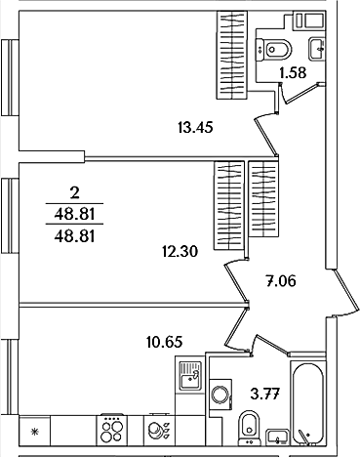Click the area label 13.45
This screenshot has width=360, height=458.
195,127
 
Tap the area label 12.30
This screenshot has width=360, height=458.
180,252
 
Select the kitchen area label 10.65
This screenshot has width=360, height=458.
164,342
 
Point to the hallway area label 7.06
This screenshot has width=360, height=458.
281,281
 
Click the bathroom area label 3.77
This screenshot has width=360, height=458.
265,395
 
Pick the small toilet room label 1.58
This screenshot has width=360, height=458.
293,73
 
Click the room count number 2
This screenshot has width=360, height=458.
74,193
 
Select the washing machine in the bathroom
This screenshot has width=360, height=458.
221,395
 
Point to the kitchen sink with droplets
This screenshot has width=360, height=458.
159,430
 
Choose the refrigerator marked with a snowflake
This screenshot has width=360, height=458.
35,431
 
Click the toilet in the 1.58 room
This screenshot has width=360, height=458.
274,50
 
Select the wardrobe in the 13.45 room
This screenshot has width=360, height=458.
232,55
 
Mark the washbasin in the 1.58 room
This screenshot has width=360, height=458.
317,49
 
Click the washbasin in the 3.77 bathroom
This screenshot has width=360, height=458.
277,437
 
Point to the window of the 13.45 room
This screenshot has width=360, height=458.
10,77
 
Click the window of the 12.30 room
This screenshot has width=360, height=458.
10,215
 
